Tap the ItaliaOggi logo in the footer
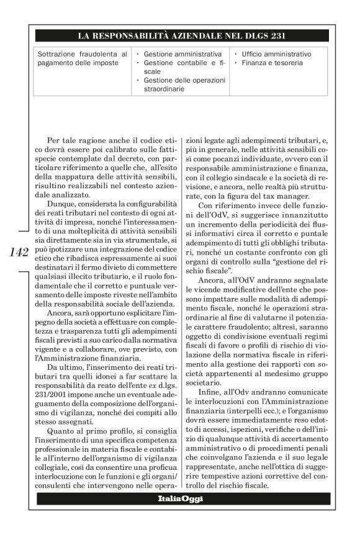point(179,498)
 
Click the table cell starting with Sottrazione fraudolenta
point(82,58)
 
